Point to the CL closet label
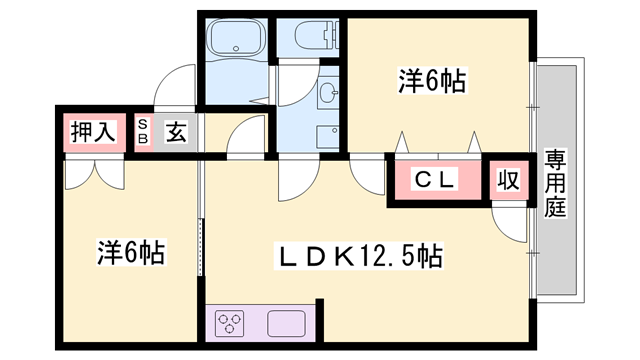click(436, 180)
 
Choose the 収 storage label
click(508, 181)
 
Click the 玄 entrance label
click(175, 131)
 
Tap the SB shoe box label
click(143, 131)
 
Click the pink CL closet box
click(436, 181)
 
